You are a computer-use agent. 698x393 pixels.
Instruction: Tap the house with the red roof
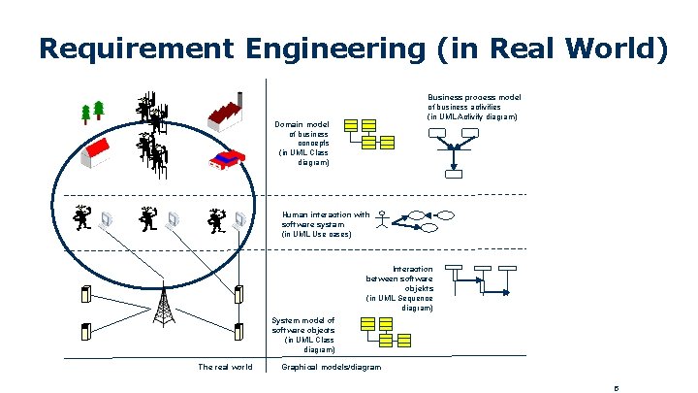pos(100,152)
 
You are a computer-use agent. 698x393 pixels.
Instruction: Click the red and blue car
pos(228,159)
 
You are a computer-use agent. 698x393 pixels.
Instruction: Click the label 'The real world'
pos(225,367)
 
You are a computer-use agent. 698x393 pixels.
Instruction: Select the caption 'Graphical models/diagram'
pos(331,367)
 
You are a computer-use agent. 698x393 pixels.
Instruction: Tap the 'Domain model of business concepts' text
pos(303,144)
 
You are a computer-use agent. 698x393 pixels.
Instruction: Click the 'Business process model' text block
pos(474,107)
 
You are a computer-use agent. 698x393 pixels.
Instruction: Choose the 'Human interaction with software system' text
pos(326,224)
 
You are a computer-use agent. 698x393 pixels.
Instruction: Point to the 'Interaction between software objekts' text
pos(399,288)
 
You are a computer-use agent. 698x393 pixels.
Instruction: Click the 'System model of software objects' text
pos(303,334)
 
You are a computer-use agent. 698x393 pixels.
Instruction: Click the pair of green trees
pos(93,112)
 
